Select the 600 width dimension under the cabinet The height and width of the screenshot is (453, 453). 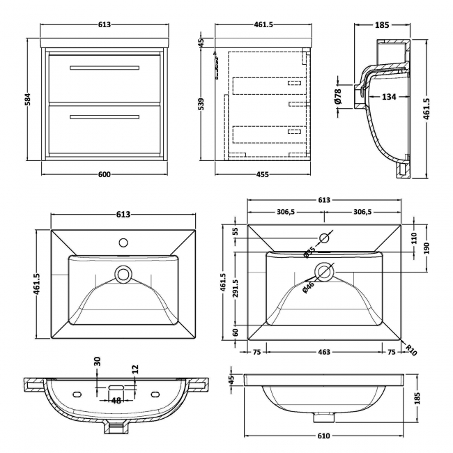(105, 174)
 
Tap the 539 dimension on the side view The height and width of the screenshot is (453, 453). (202, 104)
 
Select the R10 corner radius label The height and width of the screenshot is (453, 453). (412, 349)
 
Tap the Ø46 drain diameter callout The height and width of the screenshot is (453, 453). (308, 287)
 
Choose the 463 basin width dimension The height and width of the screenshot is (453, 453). (324, 353)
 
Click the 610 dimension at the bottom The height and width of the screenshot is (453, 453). (324, 436)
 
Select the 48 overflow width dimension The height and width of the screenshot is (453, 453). (116, 401)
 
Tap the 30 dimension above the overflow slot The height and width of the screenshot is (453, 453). (97, 363)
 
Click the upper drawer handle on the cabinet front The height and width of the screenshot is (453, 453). (104, 68)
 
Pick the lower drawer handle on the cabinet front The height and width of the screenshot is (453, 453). (104, 116)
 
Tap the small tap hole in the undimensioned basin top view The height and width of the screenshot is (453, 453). (123, 243)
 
